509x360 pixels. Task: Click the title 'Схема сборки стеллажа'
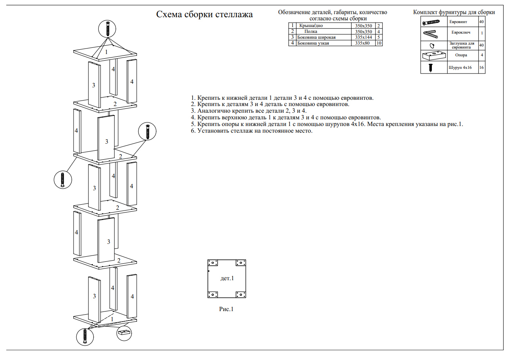pyautogui.click(x=204, y=15)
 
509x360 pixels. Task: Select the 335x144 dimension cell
pyautogui.click(x=363, y=37)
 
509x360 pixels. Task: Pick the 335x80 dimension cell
pyautogui.click(x=363, y=43)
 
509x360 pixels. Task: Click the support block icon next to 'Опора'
pyautogui.click(x=434, y=55)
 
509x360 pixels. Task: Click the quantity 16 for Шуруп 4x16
pyautogui.click(x=482, y=68)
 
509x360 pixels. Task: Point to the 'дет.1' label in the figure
pyautogui.click(x=227, y=278)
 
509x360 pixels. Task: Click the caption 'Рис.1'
pyautogui.click(x=226, y=309)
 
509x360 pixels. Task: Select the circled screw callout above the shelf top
pyautogui.click(x=107, y=29)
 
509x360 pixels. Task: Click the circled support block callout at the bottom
pyautogui.click(x=125, y=333)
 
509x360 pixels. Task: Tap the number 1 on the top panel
pyautogui.click(x=106, y=51)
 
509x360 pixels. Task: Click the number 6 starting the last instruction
pyautogui.click(x=193, y=131)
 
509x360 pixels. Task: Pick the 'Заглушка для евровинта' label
pyautogui.click(x=462, y=45)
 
